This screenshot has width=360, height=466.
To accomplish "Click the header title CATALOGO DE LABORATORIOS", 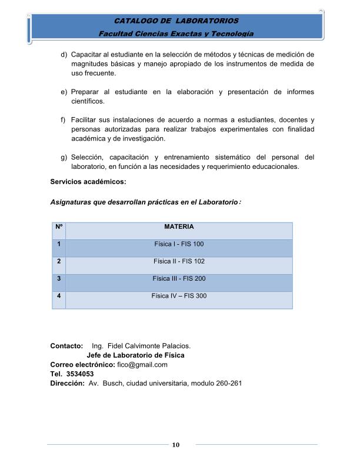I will coord(176,21).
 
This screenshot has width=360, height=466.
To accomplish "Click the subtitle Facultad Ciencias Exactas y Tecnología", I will coord(176,34).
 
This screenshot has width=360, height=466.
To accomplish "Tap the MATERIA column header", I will coord(179,227).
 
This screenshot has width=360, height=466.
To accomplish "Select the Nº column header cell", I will coord(59,227).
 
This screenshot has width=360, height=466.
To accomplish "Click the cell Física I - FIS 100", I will coord(179,244).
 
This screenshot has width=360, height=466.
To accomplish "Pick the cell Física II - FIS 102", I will coord(179,261).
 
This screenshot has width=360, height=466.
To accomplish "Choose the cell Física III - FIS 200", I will coord(179,278).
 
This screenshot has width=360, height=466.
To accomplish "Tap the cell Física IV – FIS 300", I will coord(179,296).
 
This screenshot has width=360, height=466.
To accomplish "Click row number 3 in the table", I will coord(59,278).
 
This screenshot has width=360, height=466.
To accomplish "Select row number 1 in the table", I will coord(59,244).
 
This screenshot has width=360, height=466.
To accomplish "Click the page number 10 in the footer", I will coord(175,445).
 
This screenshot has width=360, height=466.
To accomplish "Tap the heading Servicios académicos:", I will coord(88,182).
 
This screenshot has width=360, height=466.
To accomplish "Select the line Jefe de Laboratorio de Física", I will coord(135,355).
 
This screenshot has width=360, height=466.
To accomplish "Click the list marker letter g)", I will coord(64,157).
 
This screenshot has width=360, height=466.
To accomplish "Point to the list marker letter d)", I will coord(64,55).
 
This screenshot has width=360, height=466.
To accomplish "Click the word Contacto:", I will coord(66,346).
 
